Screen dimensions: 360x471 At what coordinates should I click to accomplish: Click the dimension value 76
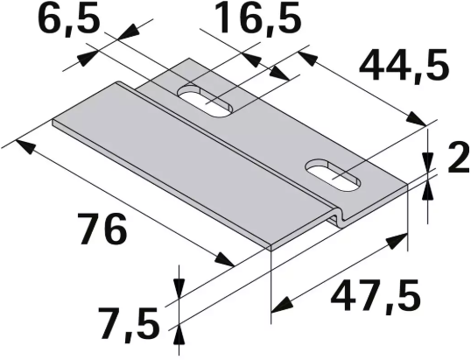(x=103, y=229)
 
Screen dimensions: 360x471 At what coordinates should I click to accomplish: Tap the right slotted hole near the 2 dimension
(x=333, y=174)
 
